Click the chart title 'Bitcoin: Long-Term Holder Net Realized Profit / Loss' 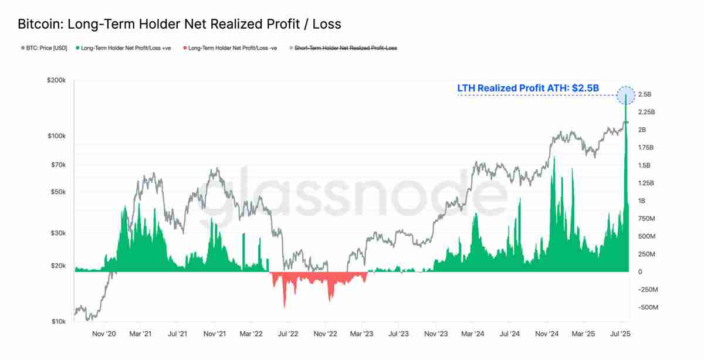179,25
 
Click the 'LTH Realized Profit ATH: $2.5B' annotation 528,88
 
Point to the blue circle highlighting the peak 626,94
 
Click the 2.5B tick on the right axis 645,94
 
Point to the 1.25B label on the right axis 646,183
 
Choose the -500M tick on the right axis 648,307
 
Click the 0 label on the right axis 641,272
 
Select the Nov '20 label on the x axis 104,334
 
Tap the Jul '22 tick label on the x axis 287,334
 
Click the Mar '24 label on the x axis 472,334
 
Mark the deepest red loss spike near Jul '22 285,307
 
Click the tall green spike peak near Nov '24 553,158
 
